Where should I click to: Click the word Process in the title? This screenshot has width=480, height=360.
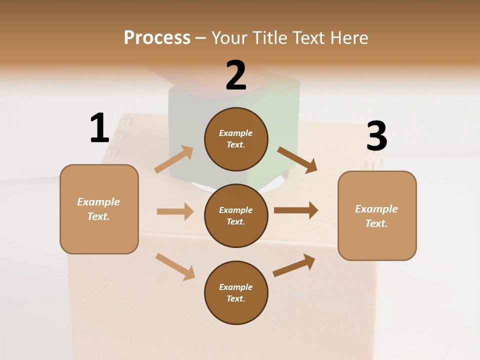(157, 37)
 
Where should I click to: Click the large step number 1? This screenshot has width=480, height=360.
(99, 128)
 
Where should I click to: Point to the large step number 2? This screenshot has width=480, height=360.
(236, 75)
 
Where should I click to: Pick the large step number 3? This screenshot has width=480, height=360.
(376, 136)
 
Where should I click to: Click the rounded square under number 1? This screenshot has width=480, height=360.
(99, 209)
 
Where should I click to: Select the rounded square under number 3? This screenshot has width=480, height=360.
(377, 216)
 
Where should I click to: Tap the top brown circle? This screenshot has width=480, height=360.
(236, 139)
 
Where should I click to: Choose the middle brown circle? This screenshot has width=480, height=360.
(236, 215)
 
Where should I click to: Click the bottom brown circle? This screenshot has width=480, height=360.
(236, 292)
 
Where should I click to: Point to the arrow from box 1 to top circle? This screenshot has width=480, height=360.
(174, 159)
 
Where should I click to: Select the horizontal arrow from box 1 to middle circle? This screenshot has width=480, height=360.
(175, 211)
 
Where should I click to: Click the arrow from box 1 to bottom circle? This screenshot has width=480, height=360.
(175, 266)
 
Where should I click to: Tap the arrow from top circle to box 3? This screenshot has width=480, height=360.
(297, 159)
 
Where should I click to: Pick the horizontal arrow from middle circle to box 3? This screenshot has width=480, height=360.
(296, 210)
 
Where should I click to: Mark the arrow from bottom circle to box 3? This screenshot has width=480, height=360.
(294, 265)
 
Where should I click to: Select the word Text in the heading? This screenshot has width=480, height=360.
(307, 37)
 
